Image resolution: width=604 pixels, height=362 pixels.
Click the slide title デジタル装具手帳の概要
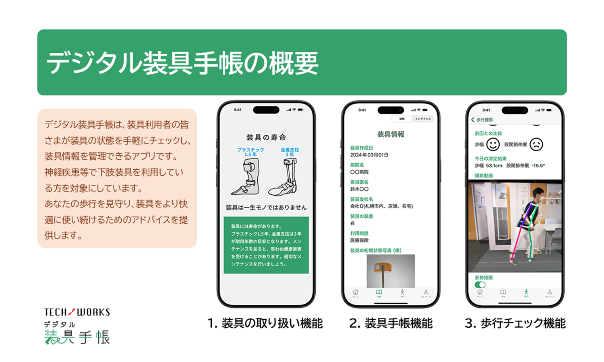[182, 63]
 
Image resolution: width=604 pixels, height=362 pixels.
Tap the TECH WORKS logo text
[77, 312]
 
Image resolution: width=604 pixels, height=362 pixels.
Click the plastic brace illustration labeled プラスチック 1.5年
[246, 177]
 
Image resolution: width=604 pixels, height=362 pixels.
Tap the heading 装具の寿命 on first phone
[266, 138]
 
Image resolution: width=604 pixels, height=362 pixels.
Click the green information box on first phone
[266, 245]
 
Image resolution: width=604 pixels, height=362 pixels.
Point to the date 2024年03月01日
[369, 155]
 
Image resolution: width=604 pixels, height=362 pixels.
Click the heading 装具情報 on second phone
[391, 134]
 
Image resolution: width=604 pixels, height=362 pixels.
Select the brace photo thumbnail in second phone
[390, 270]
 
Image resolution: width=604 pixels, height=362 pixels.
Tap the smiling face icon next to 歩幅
[493, 144]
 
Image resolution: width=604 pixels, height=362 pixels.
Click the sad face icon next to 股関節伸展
[536, 144]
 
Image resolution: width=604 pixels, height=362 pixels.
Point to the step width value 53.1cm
[494, 166]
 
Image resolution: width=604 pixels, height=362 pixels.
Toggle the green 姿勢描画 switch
[480, 284]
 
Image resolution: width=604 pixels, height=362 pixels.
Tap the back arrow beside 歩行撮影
[473, 120]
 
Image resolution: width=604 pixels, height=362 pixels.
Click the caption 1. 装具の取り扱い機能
[265, 323]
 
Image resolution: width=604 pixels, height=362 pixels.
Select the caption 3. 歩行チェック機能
[515, 323]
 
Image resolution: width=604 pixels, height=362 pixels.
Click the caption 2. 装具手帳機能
[391, 323]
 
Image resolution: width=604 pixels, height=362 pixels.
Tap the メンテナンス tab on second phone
[423, 119]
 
